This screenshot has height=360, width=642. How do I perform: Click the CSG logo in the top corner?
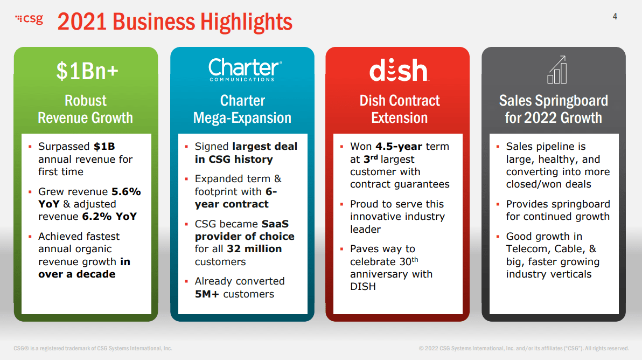29,19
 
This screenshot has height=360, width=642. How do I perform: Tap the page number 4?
615,16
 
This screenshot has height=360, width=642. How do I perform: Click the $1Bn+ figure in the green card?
87,71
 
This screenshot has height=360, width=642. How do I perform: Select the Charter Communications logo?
245,70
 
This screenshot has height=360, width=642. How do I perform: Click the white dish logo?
399,70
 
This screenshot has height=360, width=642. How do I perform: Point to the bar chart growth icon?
557,70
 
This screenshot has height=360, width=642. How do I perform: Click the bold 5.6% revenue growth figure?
126,192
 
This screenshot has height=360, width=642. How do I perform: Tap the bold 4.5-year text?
399,146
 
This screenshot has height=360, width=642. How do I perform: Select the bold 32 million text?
254,248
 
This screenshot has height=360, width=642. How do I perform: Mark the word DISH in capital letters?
363,286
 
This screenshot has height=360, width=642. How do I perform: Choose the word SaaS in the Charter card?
275,224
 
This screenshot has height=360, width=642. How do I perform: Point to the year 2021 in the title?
82,22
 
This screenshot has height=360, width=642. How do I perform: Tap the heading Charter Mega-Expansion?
242,109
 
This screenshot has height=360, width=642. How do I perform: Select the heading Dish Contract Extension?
400,109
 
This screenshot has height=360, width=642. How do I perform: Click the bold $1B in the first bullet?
104,146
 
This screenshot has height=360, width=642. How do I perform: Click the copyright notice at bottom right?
524,349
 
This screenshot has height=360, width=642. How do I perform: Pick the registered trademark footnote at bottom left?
93,349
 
